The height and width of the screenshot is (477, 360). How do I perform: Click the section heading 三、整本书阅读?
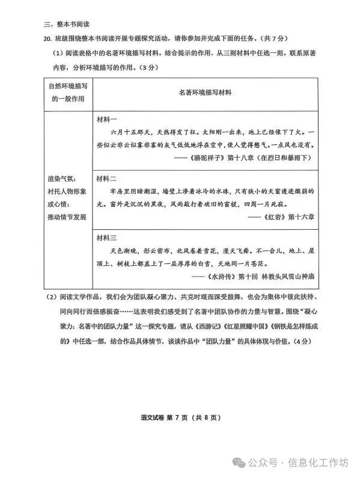point(67,25)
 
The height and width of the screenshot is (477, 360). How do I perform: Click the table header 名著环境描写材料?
point(205,93)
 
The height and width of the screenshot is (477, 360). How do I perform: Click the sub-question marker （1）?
point(58,55)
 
